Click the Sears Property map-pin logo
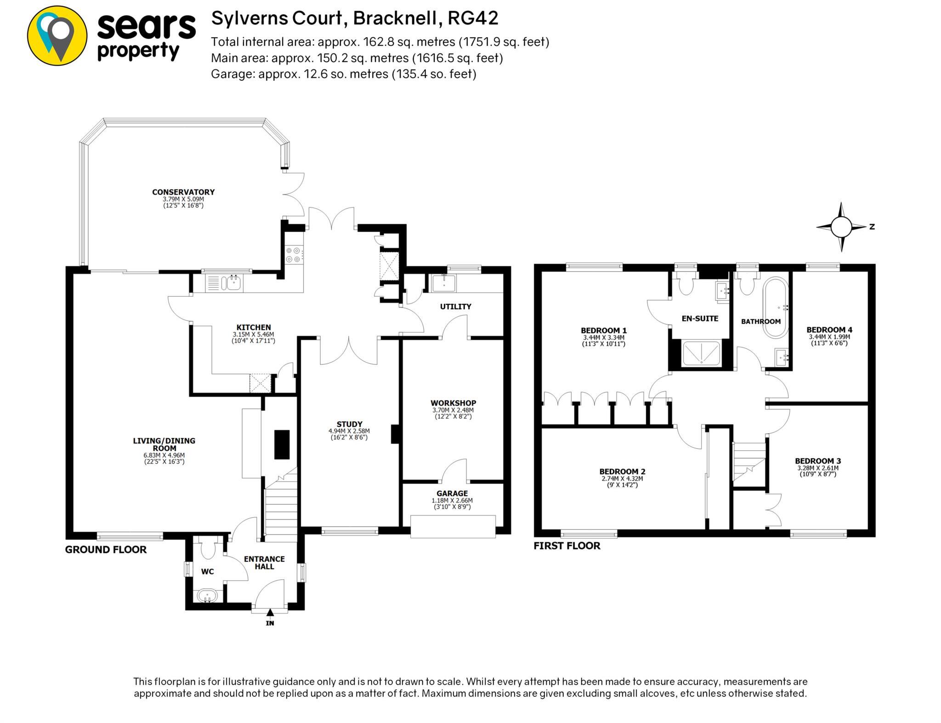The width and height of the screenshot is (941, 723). [57, 35]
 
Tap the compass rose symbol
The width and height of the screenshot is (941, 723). [841, 227]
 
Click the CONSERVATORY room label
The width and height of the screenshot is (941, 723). [183, 192]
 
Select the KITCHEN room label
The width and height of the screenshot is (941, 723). [254, 327]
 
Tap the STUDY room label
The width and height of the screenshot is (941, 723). [349, 424]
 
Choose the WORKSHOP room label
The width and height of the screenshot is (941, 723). [453, 403]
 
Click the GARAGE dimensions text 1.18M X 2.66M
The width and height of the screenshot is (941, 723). [452, 500]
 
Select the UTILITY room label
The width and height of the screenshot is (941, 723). [455, 306]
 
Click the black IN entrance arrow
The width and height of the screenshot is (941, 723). [270, 612]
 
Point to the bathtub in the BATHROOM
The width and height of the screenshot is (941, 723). [776, 307]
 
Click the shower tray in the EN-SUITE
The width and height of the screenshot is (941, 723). [702, 353]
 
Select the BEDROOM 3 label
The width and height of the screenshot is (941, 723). [818, 461]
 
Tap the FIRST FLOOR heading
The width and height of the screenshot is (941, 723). [567, 546]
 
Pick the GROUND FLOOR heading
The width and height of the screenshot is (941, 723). [106, 549]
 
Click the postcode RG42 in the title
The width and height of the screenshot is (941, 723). [473, 18]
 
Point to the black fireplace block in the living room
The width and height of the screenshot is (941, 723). [282, 444]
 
